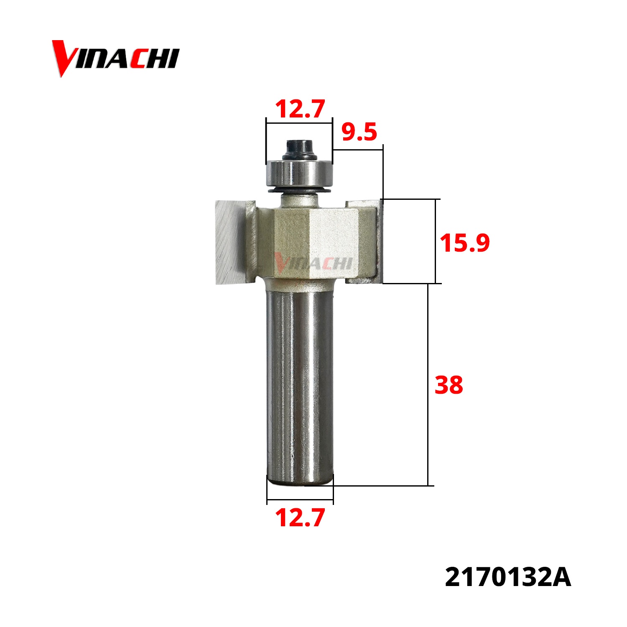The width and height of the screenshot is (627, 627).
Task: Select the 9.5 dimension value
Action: [x=359, y=132]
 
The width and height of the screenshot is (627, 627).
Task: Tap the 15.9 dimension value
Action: [x=464, y=243]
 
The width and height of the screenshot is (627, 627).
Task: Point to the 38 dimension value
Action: [x=449, y=385]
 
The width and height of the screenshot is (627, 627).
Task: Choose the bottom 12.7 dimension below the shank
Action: [x=300, y=517]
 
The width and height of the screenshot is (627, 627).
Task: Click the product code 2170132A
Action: [x=508, y=578]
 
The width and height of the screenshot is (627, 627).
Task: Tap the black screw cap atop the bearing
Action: [x=299, y=149]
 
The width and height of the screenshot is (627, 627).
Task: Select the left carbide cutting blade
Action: [x=229, y=242]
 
